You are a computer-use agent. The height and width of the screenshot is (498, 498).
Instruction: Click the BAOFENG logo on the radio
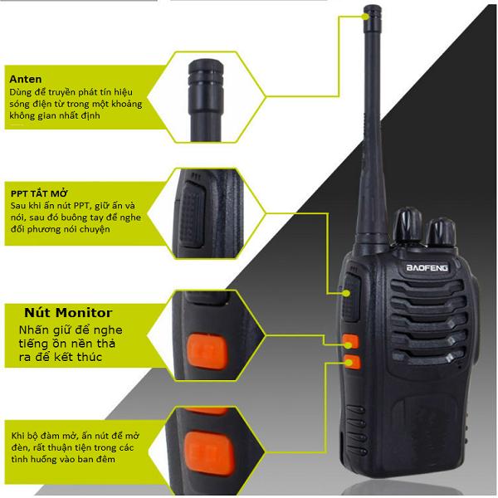427,267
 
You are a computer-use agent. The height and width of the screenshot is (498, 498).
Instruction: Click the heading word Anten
26,79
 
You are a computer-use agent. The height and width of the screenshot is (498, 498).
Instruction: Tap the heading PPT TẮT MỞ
39,193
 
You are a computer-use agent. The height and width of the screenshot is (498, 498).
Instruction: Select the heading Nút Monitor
68,313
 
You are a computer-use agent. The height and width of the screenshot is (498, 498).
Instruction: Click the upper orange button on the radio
351,341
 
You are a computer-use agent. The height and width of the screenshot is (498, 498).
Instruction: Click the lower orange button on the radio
352,362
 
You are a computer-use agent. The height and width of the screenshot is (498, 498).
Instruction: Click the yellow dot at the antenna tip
367,17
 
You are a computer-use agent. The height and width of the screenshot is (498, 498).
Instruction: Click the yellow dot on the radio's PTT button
347,293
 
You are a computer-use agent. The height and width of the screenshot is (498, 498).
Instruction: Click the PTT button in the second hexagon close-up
193,214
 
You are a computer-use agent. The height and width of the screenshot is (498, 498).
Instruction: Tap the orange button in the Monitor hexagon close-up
207,352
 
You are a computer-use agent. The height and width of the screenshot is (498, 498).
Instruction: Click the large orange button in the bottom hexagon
210,453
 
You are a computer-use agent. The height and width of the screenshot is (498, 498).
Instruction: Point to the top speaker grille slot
427,286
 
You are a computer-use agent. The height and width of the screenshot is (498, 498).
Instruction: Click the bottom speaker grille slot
428,357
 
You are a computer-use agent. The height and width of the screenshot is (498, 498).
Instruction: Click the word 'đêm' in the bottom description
106,459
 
